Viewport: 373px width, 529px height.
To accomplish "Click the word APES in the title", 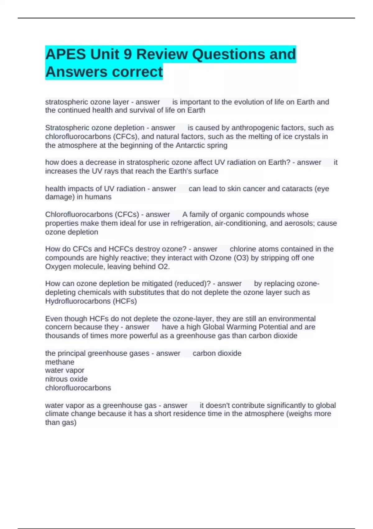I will click(65, 54).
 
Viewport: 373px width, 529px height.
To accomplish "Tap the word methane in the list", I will click(60, 362).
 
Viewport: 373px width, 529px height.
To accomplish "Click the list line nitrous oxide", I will click(66, 379).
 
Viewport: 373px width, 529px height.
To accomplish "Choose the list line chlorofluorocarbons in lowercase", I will click(78, 388).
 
